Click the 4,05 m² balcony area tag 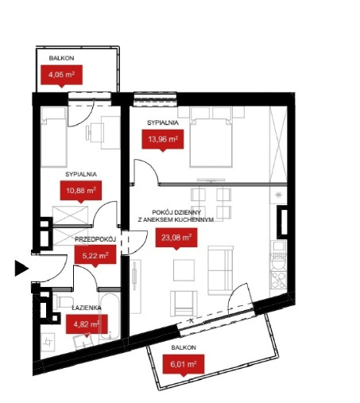61,76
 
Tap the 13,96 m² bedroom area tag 163,140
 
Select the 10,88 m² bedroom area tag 81,191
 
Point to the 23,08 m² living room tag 176,238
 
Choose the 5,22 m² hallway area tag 95,255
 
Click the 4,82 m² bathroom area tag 87,325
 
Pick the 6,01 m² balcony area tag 184,365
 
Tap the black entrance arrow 21,269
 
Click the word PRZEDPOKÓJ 95,239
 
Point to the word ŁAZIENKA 87,308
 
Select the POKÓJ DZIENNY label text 176,212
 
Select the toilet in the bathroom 64,301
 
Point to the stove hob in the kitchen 278,281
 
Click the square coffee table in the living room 184,270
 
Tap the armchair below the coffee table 184,304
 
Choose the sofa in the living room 220,270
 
